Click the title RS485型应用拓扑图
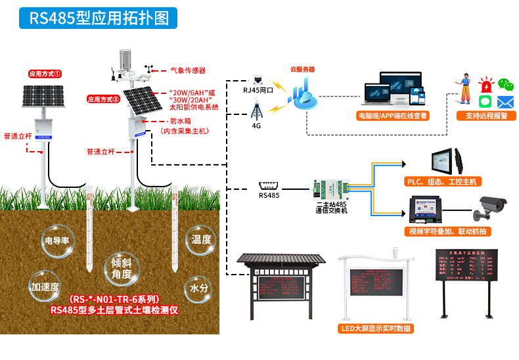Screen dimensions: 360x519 [99, 17]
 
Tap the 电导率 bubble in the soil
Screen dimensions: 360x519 [57, 240]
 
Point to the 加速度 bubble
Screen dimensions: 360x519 [45, 287]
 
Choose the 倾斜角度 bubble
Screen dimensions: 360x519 [122, 268]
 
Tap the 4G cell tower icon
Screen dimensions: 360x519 [257, 108]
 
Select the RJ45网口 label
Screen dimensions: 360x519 [258, 91]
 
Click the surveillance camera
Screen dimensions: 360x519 [491, 204]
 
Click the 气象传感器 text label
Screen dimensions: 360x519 [188, 70]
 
